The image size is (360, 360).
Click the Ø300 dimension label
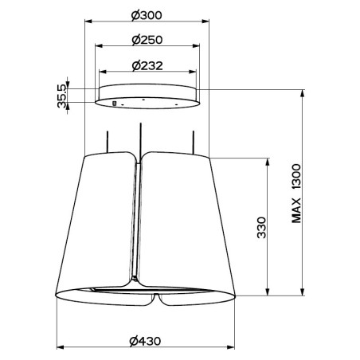tap(147, 15)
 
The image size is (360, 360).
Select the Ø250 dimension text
tap(147, 40)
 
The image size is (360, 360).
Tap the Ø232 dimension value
tap(147, 65)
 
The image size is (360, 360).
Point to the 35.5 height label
tap(61, 96)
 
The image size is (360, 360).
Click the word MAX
tap(296, 210)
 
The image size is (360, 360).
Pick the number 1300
tap(296, 177)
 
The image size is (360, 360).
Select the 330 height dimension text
tap(261, 228)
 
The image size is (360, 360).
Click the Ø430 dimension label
tap(145, 341)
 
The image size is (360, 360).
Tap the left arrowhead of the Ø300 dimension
tap(88, 22)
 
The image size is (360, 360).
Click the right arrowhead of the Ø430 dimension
tap(231, 347)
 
